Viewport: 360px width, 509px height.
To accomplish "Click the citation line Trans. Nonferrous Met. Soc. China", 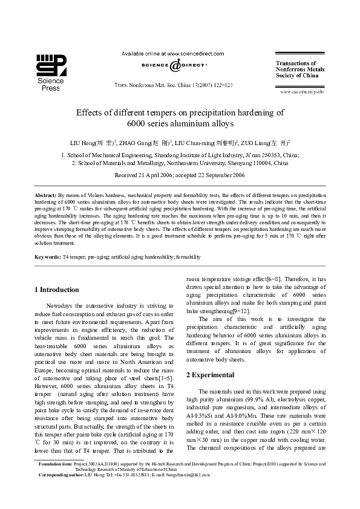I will tap(174, 86).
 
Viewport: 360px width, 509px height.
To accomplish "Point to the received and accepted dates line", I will tap(180, 175).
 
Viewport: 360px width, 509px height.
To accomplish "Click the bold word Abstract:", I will tap(45, 196).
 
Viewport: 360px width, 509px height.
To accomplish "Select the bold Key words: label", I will tap(48, 257).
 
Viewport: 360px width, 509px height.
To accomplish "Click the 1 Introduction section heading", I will tap(57, 290).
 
